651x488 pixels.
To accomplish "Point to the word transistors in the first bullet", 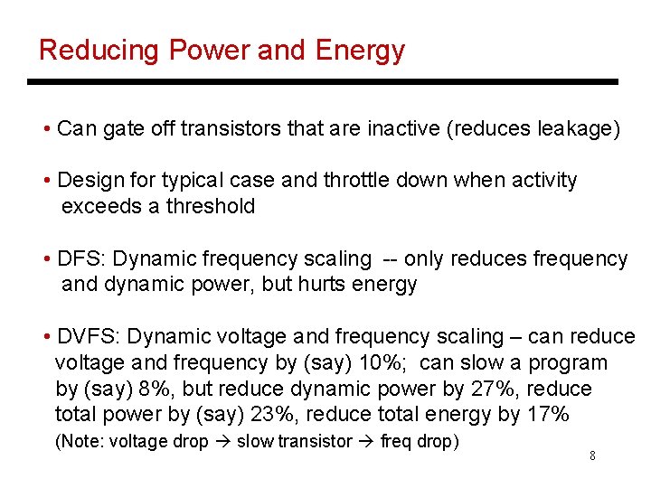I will [x=231, y=129].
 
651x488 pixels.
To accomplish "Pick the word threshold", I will [x=211, y=206].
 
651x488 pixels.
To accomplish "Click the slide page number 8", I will [x=592, y=455].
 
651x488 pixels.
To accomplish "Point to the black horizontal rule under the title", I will [x=323, y=82].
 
